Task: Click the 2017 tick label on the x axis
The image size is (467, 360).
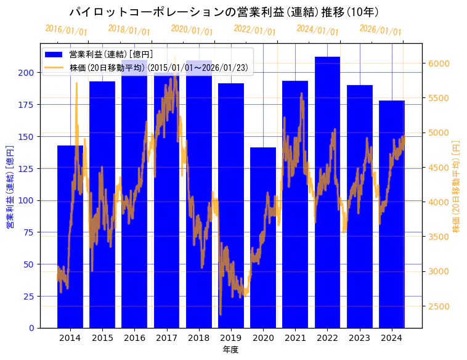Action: pos(166,338)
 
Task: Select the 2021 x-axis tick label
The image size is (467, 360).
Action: pos(295,338)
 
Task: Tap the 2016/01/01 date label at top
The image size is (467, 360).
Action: pos(67,30)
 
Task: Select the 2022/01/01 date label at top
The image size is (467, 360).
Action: pos(254,30)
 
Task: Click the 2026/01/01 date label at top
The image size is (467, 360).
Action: pos(380,30)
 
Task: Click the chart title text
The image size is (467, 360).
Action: pos(224,12)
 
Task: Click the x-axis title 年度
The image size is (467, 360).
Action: pos(230,350)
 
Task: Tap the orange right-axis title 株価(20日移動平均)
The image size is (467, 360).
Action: pos(457,186)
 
